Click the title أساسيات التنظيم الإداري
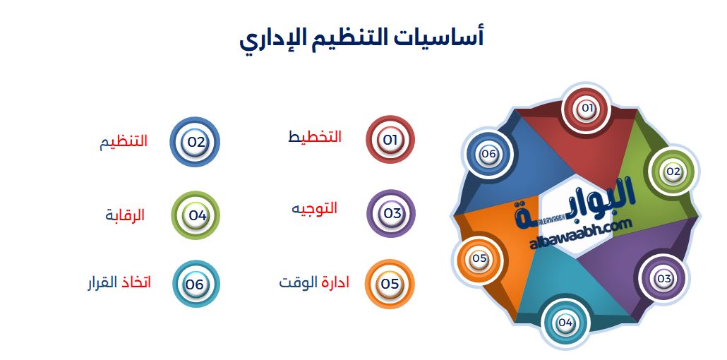[361, 38]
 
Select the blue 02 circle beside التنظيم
[196, 141]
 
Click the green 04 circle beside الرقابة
[196, 215]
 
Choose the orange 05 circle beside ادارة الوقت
[390, 284]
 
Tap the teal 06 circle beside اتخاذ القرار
[196, 284]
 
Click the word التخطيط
[315, 137]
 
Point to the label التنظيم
[124, 141]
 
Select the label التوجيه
[315, 209]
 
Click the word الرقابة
[125, 215]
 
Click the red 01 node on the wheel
[586, 109]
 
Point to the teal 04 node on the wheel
[565, 323]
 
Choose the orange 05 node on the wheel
[480, 258]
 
